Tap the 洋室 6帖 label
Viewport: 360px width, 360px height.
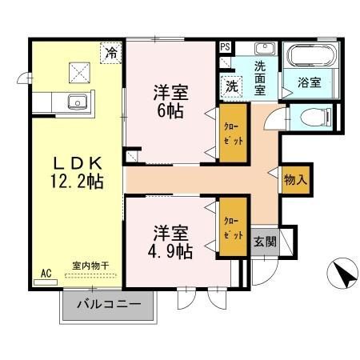click(169, 102)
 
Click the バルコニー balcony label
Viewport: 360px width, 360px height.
click(109, 306)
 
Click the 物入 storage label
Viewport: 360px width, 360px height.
click(295, 180)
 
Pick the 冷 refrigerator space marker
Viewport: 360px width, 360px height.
click(111, 52)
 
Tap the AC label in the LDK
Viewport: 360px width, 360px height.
click(46, 273)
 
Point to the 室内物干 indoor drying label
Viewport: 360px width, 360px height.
click(90, 266)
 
